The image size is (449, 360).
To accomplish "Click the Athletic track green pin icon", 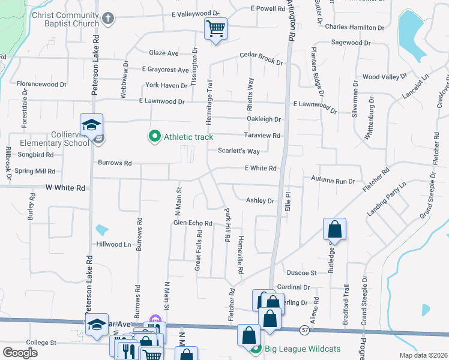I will [x=155, y=137].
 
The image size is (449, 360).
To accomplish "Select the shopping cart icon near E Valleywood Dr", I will [x=215, y=28].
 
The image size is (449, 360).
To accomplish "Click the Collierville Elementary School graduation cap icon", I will [x=92, y=125].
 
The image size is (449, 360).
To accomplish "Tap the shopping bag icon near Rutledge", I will [x=335, y=229].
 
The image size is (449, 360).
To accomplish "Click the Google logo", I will [x=20, y=353].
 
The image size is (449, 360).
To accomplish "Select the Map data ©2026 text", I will [x=423, y=355].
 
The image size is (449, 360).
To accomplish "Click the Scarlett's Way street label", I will [x=238, y=151].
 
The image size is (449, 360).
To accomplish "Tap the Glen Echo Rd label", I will [x=193, y=223].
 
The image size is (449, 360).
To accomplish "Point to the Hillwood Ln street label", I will [x=113, y=245].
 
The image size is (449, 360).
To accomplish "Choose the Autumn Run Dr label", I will [x=333, y=179].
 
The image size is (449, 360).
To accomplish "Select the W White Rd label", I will [x=65, y=188].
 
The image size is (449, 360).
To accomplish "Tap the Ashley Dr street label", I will [x=260, y=201].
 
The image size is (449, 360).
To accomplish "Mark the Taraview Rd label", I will [x=262, y=136].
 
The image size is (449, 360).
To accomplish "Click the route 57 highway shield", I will [x=306, y=330].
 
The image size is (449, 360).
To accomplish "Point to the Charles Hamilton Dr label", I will [x=354, y=28].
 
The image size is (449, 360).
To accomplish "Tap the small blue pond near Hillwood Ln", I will [x=101, y=230].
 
